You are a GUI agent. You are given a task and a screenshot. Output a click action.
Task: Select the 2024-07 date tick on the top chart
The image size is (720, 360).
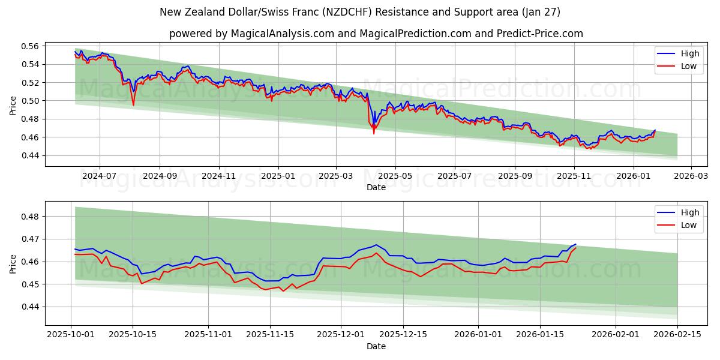99,176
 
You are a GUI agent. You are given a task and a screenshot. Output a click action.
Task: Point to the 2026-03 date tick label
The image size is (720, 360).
691,176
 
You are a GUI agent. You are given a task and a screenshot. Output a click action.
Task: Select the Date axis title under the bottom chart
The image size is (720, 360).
376,346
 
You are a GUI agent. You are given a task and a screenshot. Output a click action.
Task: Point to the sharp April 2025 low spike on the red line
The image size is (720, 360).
374,133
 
